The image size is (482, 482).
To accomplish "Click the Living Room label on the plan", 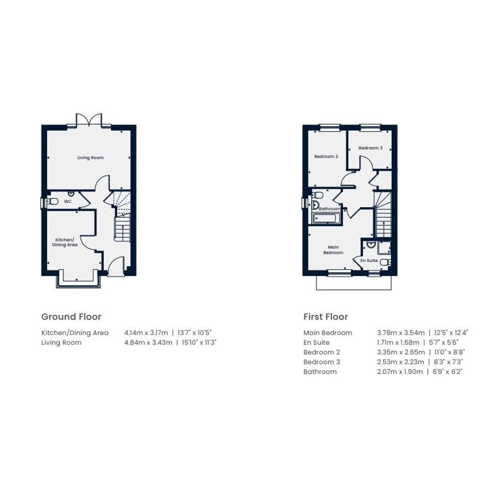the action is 90,158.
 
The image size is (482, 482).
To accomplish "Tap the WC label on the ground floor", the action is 68,201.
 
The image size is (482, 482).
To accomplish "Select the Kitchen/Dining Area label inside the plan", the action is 65,242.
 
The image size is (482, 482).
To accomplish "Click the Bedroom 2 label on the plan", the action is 326,157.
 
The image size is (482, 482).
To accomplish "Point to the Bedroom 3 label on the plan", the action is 370,148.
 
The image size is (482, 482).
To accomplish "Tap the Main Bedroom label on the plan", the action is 333,250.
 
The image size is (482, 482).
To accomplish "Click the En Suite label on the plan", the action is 369,260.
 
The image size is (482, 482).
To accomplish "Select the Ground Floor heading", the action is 71,317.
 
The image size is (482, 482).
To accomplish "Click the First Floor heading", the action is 325,317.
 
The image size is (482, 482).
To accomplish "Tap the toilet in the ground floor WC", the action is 53,201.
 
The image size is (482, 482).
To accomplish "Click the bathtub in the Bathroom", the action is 326,219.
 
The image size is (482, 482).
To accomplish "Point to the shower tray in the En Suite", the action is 384,248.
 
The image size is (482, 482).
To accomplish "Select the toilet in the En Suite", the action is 386,262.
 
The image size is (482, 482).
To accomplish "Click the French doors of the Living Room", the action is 89,120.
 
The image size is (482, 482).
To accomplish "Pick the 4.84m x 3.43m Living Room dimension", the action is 148,342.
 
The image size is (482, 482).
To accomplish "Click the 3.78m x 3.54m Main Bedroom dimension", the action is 401,333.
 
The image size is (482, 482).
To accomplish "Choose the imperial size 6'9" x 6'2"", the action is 447,372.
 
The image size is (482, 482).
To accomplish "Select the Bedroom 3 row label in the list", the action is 321,362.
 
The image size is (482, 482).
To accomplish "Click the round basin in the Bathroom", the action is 315,206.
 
